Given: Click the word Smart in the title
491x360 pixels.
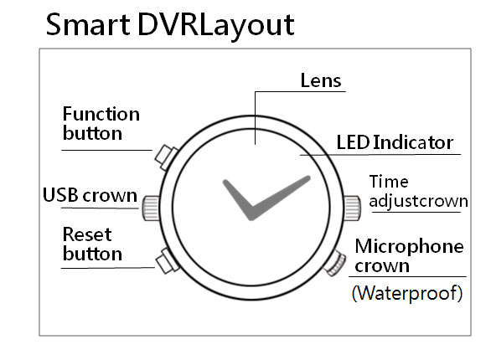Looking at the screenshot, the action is [x=88, y=25].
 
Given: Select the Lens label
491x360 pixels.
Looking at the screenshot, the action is [x=321, y=80].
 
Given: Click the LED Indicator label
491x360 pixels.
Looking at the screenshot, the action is [x=395, y=142].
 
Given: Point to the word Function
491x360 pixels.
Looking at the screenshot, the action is [x=101, y=114].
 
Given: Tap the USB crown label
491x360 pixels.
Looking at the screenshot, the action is [x=90, y=195].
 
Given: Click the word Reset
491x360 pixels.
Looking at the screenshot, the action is [x=87, y=234].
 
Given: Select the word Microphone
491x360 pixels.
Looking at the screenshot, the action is [x=409, y=246].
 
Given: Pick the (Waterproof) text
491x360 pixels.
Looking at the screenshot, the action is [x=407, y=293].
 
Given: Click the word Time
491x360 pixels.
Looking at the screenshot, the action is [x=389, y=182].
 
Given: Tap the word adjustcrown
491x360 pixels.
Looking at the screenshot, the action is [x=418, y=201].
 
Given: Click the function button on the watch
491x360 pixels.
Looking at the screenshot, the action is [x=166, y=157].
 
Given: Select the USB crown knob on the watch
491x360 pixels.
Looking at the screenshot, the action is [x=152, y=208].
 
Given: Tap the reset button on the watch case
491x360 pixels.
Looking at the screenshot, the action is [x=168, y=261].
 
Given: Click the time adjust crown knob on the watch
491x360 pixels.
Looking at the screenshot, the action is [x=352, y=208].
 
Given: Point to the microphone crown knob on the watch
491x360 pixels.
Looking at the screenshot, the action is [x=335, y=264].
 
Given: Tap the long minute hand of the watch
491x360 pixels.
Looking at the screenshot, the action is [x=280, y=198].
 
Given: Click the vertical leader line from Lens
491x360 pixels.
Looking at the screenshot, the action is [x=255, y=118].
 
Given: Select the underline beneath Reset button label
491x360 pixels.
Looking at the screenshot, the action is [x=108, y=268].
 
